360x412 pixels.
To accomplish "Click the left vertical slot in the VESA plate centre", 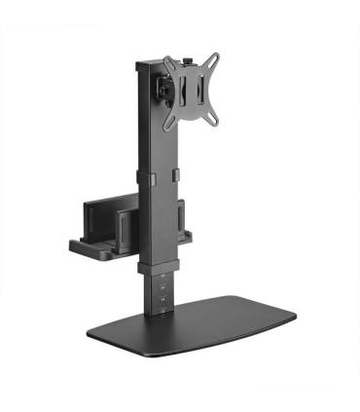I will (188, 92).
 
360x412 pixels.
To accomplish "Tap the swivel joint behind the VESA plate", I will (166, 89).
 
